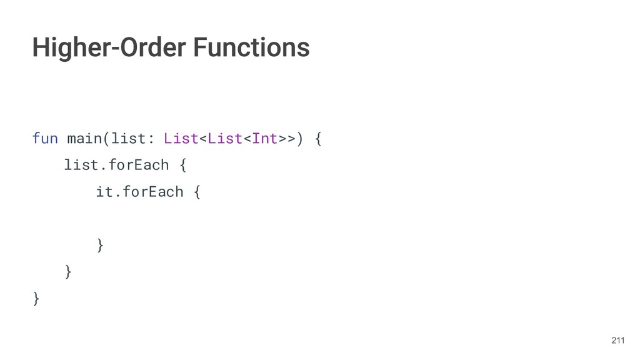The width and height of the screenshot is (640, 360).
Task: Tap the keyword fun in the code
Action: (x=44, y=138)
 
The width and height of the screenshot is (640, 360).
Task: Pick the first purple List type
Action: (x=181, y=138)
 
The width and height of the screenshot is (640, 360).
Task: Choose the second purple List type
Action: (x=224, y=138)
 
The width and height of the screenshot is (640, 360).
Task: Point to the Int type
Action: (x=264, y=138)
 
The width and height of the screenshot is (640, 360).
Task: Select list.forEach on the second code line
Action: (x=116, y=165)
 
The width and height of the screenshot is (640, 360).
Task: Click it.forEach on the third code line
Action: (x=139, y=192)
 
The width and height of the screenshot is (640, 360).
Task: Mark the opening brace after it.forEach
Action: (x=197, y=192)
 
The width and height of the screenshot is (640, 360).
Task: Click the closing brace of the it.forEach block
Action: (x=100, y=245)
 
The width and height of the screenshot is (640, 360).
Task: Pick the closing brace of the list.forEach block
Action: (x=68, y=272)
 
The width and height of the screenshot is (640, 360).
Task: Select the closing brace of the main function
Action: (x=36, y=299)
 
